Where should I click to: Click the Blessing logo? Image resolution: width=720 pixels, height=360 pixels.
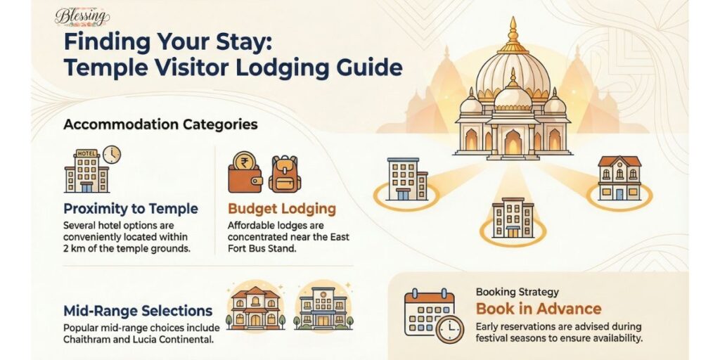82,15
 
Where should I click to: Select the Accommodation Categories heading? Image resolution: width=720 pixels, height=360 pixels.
160,124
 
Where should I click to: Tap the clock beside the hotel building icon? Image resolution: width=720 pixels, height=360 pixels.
111,154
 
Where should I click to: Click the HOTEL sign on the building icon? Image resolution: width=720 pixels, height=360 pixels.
86,153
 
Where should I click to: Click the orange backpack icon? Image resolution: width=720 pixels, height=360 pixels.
284,174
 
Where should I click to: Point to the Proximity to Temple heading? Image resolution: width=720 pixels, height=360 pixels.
131,209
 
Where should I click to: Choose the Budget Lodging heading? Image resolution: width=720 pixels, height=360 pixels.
282,209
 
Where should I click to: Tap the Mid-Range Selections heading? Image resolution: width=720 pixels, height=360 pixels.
138,310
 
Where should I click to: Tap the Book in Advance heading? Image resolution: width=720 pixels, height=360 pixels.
539,309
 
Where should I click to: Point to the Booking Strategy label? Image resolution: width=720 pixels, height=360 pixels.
517,292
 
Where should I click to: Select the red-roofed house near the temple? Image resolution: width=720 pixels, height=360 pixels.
619,179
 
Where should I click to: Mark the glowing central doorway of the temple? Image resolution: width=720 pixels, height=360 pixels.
513,142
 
